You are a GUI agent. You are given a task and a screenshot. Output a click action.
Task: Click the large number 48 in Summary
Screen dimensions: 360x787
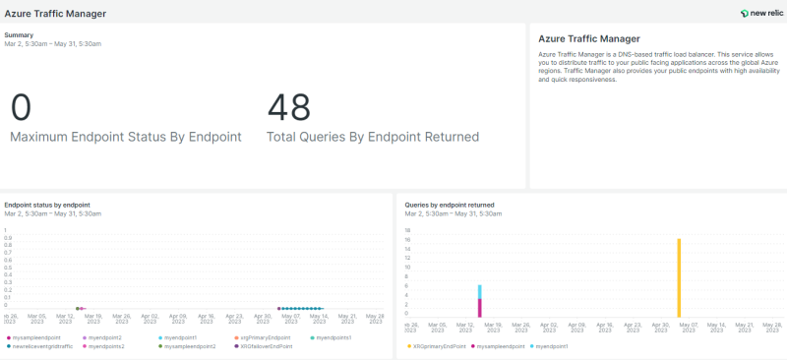(288, 107)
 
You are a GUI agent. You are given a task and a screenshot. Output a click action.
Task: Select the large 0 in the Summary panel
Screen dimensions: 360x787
(21, 107)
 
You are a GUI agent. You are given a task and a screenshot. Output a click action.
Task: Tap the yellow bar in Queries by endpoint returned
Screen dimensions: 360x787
(679, 275)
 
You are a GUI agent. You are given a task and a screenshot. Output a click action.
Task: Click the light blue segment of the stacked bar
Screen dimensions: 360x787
(480, 291)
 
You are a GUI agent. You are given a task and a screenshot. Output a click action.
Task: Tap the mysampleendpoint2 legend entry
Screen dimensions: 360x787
(189, 346)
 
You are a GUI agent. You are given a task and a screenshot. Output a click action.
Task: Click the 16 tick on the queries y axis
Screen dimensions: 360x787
(407, 239)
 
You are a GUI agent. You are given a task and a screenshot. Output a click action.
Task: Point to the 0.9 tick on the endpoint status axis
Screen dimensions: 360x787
(8, 238)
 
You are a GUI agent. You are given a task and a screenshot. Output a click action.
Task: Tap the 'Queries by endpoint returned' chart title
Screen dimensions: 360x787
(450, 205)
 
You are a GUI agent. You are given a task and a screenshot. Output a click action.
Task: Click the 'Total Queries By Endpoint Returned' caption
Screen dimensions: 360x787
(373, 137)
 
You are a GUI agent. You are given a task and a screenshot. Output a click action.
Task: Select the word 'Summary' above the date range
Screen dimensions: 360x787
(19, 34)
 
